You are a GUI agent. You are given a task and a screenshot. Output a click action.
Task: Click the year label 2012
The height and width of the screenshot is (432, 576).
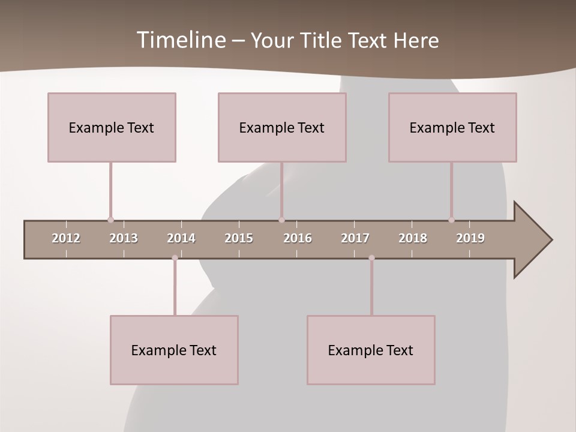click(x=66, y=238)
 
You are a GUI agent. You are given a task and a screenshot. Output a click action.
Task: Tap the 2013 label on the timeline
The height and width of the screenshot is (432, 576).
click(x=124, y=238)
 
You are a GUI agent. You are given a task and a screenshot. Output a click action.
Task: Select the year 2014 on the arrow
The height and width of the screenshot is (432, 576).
click(x=181, y=238)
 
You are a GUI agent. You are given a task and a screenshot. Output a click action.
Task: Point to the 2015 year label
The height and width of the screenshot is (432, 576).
click(x=239, y=238)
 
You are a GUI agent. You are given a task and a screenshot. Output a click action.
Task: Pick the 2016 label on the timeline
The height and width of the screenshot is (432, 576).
click(x=298, y=238)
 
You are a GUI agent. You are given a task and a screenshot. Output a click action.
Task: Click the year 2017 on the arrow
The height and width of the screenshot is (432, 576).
click(x=355, y=238)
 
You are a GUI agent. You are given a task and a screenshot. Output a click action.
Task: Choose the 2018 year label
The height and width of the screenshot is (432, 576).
click(x=413, y=238)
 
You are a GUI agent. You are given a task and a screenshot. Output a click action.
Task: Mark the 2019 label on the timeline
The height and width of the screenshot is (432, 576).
click(x=470, y=238)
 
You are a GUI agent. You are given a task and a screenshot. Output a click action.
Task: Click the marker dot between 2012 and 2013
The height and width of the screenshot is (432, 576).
click(x=110, y=220)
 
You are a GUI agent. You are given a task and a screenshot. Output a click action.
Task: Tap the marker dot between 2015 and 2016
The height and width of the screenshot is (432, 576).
click(x=281, y=220)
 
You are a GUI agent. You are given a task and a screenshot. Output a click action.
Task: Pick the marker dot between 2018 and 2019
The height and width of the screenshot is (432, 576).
click(x=451, y=220)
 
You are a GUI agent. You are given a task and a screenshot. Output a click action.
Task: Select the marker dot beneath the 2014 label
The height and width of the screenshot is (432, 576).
click(x=175, y=258)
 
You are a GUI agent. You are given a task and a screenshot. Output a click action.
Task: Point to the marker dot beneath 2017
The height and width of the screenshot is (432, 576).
click(x=371, y=258)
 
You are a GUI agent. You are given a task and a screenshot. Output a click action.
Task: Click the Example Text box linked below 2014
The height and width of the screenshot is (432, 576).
click(x=174, y=350)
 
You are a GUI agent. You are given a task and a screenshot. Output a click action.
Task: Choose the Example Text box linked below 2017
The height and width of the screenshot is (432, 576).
click(x=371, y=350)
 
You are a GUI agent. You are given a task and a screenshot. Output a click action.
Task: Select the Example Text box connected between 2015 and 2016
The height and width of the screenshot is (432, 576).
click(x=282, y=127)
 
